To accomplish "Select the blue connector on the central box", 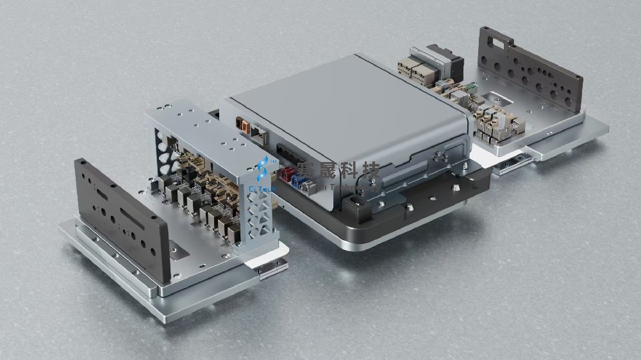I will pyautogui.click(x=299, y=182).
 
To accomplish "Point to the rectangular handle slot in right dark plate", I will pyautogui.click(x=496, y=44).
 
